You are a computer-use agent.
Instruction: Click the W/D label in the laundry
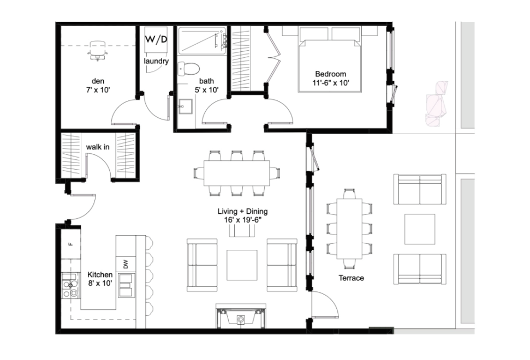[156, 39]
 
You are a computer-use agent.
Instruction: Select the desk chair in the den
[98, 50]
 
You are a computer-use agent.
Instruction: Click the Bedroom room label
[331, 74]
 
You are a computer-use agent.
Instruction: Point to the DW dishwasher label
[126, 264]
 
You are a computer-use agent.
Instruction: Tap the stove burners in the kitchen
[70, 285]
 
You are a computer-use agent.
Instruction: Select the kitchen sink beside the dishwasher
[127, 285]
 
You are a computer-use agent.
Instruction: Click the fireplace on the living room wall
[241, 316]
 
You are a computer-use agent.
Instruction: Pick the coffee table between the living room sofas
[242, 265]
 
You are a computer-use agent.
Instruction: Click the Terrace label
[352, 278]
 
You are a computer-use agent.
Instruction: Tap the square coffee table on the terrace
[420, 229]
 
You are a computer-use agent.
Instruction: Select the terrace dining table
[349, 229]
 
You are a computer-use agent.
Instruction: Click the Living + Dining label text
[243, 212]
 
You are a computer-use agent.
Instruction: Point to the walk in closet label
[98, 147]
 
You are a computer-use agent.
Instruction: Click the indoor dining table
[236, 173]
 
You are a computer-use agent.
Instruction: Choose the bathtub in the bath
[203, 41]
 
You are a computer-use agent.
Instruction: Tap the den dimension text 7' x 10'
[98, 90]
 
